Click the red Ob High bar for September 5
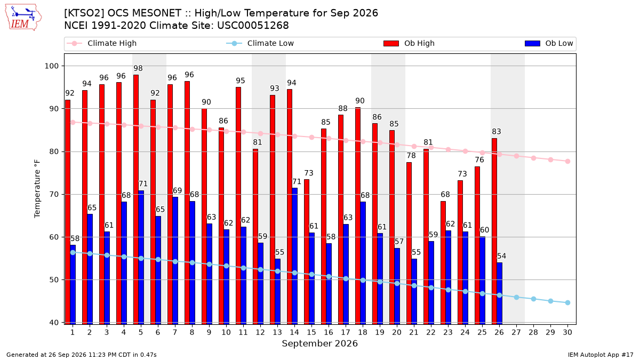click(x=136, y=199)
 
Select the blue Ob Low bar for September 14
click(x=294, y=256)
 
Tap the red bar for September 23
click(x=443, y=263)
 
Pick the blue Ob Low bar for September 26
click(x=499, y=293)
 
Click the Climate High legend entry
click(x=101, y=43)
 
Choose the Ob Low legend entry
click(x=549, y=43)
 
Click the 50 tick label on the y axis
click(x=54, y=279)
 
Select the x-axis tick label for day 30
click(x=567, y=332)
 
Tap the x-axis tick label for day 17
click(x=346, y=332)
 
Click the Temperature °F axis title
click(x=37, y=189)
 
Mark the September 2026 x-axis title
click(x=319, y=343)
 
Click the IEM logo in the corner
click(x=23, y=18)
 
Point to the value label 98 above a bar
click(x=138, y=68)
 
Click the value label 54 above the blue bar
click(x=501, y=256)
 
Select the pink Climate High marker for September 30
click(x=567, y=162)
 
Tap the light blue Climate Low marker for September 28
click(x=533, y=299)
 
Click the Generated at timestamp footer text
click(x=82, y=355)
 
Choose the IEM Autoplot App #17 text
click(x=601, y=355)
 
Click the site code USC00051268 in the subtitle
click(x=253, y=26)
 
